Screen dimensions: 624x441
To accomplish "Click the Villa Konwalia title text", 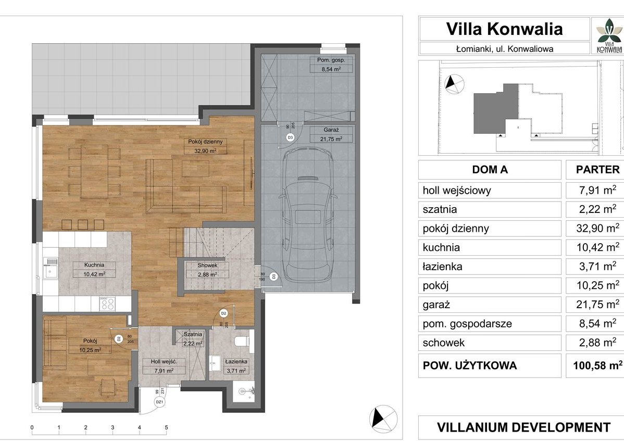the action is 504,29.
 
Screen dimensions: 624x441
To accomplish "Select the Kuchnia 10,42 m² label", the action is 94,269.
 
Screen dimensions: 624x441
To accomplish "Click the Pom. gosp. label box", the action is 331,64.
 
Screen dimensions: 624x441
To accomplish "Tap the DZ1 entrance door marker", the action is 160,402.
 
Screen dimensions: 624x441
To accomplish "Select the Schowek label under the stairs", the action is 207,270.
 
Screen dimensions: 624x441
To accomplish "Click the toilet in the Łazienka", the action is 242,342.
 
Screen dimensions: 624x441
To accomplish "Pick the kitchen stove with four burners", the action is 107,304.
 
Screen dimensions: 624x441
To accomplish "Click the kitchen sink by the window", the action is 51,269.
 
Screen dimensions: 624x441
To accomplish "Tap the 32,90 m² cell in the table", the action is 594,228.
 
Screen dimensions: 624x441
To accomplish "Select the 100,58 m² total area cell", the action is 594,365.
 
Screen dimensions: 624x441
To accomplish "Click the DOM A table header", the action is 490,170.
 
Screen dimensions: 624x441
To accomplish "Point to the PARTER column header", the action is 595,170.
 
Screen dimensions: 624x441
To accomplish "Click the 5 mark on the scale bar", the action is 166,428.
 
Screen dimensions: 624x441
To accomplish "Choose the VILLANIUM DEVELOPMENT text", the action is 523,427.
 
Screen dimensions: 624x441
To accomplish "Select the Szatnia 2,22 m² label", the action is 193,339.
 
